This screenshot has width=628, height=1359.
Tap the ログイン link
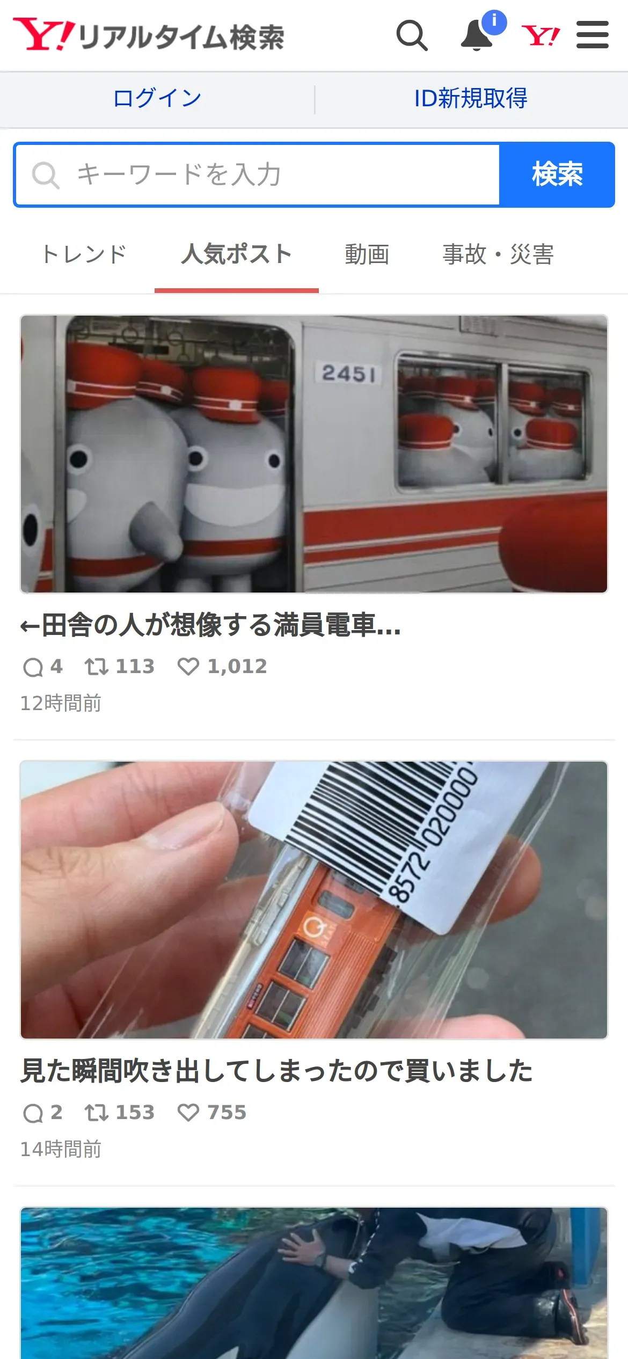pos(157,98)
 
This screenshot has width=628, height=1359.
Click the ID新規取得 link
pos(471,98)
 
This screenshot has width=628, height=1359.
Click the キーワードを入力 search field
pos(258,174)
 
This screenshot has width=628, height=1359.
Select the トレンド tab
pos(84,254)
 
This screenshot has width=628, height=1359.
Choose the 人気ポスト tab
pos(237,254)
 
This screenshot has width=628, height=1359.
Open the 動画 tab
pos(367,254)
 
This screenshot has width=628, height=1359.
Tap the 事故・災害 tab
pos(498,254)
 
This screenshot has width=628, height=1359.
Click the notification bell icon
pos(477,35)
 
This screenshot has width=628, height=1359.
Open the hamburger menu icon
pos(593,35)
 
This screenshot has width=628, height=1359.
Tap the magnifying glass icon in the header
pos(412,35)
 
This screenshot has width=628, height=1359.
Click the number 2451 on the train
pos(349,373)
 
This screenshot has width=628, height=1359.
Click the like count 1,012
pos(237,667)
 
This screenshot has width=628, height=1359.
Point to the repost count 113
pos(135,667)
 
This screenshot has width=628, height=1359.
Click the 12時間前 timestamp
pos(61,703)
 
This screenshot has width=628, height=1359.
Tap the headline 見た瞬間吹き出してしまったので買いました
pos(276,1071)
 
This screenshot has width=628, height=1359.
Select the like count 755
pos(227,1113)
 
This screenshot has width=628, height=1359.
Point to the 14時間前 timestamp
pos(61,1149)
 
